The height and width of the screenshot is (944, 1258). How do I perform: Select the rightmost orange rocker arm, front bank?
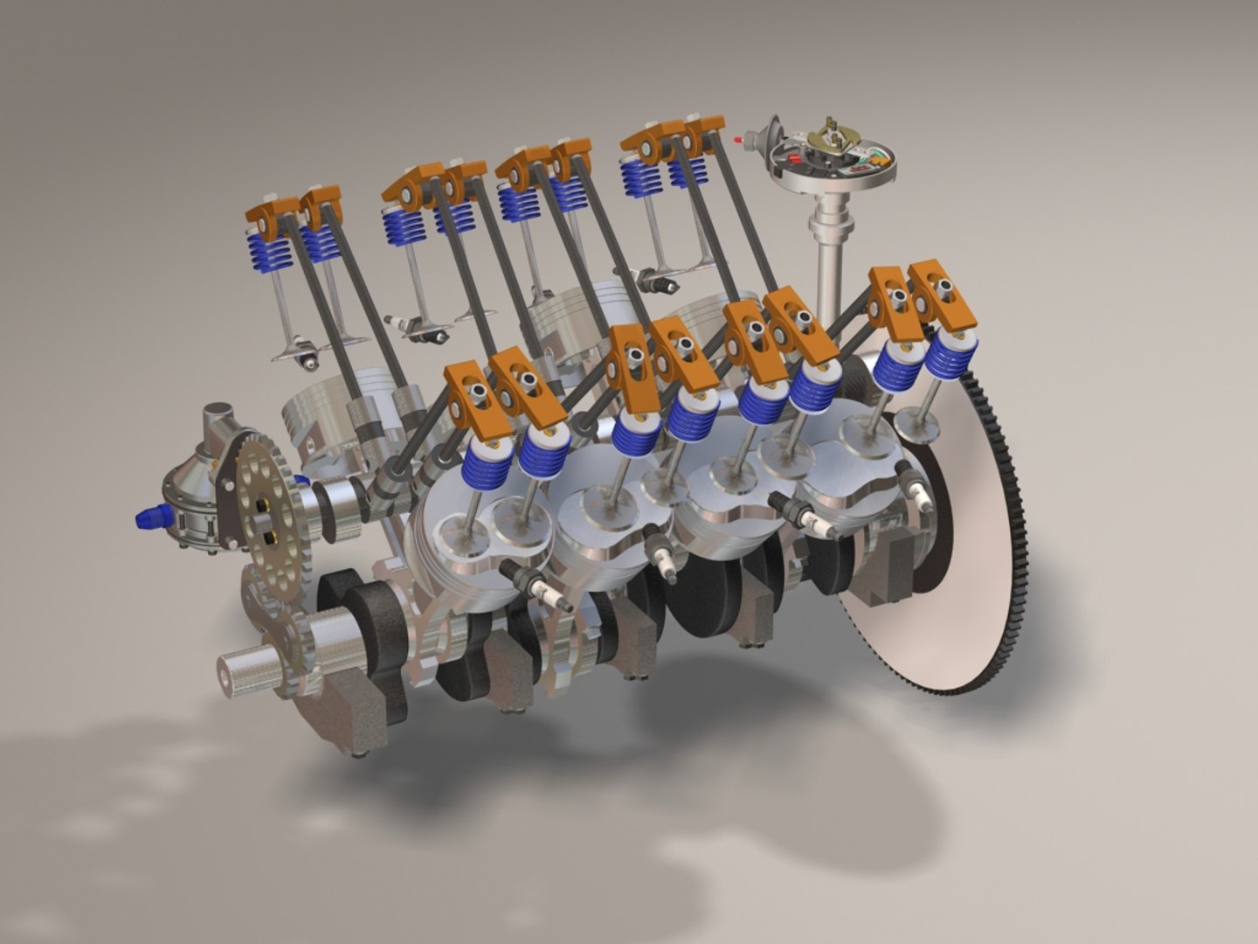940,293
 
